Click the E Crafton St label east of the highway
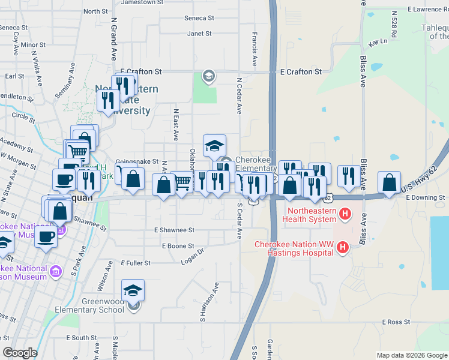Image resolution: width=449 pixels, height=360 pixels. point(301,72)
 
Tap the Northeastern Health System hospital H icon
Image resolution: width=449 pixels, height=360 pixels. point(345,214)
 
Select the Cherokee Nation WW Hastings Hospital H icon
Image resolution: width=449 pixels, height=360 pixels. point(342,247)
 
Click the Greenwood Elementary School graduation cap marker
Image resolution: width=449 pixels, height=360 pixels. point(133,291)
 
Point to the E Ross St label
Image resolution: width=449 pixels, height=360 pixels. point(396,322)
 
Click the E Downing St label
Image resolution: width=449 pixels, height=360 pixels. point(425,197)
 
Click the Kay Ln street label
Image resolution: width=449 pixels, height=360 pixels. point(378,41)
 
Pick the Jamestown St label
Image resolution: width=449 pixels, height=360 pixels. point(142,2)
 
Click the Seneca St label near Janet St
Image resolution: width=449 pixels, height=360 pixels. point(199,19)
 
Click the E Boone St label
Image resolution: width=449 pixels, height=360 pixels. point(178,246)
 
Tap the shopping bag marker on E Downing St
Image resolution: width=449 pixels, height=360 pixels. point(390,182)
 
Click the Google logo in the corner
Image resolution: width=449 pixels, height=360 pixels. point(19,353)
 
